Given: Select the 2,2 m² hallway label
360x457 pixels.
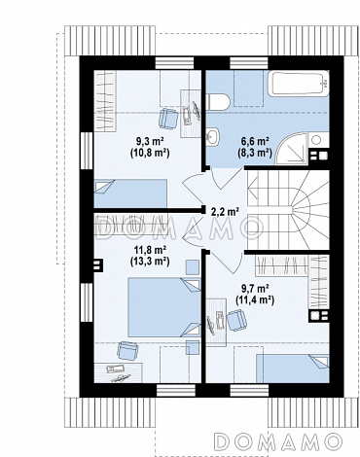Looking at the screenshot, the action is [x=225, y=212].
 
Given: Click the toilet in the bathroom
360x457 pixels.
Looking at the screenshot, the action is [x=219, y=101].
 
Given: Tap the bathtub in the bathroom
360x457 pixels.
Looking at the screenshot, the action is [x=299, y=83].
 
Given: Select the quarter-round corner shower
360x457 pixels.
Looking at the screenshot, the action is [x=290, y=150].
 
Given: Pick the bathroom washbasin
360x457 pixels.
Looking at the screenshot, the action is [x=212, y=136].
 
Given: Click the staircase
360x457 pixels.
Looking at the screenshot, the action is [x=288, y=210].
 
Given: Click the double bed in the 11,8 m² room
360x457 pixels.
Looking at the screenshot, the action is [x=164, y=307].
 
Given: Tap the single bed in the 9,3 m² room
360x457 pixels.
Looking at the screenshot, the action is [x=130, y=193].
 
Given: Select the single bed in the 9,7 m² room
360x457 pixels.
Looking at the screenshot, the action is [x=293, y=369].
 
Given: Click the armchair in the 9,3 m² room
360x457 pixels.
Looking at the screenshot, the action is [x=168, y=118].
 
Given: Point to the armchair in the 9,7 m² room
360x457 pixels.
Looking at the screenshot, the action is [x=236, y=320].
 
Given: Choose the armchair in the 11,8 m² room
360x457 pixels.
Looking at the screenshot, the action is [x=127, y=350].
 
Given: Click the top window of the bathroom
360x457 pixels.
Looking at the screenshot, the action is [x=249, y=63].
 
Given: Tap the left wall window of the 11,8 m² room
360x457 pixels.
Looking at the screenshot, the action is [x=87, y=302].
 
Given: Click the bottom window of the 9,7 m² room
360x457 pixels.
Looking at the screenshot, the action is [x=249, y=391].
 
